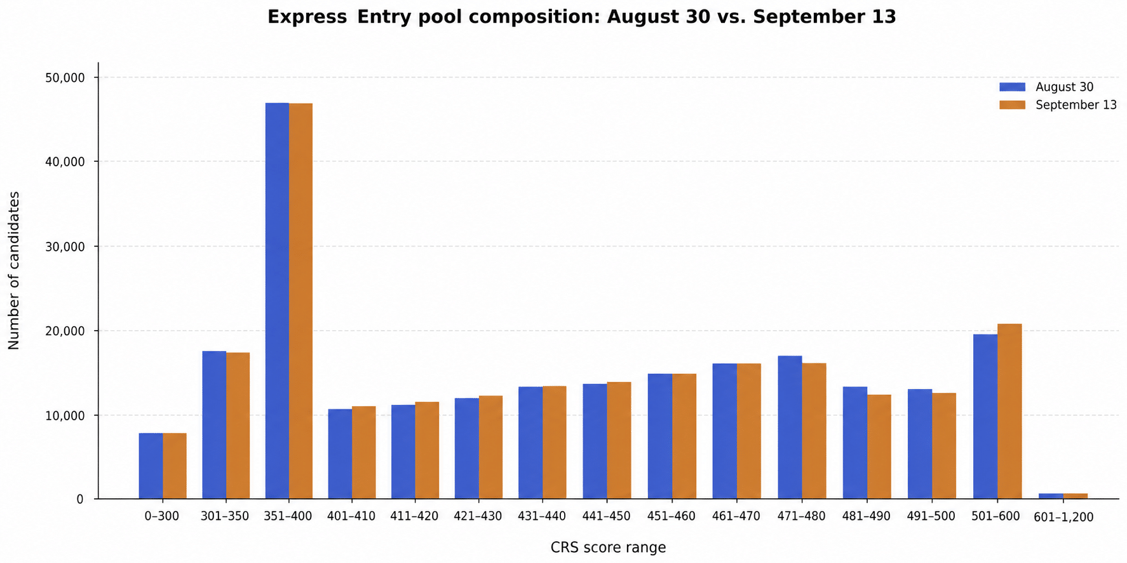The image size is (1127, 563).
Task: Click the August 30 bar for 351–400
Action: click(277, 301)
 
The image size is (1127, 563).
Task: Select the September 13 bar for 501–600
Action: click(1009, 411)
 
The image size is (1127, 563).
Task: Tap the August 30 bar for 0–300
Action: click(151, 466)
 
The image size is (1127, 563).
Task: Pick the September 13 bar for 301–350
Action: click(238, 426)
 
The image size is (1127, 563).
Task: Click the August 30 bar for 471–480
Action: click(790, 427)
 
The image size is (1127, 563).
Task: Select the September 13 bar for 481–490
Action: click(879, 447)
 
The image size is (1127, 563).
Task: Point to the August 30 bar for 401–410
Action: click(340, 454)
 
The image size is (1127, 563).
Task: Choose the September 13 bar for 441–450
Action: click(619, 440)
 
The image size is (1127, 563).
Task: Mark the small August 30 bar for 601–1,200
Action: click(1050, 496)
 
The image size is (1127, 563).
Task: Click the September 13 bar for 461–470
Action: click(749, 431)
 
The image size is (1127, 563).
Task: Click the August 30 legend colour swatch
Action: click(1012, 87)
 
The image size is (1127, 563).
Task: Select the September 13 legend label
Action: click(1076, 105)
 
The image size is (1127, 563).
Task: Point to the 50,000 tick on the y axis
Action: click(98, 77)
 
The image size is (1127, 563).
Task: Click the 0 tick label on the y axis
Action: click(80, 500)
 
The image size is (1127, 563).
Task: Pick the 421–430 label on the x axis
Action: click(478, 516)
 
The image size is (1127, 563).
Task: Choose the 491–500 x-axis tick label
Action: click(931, 516)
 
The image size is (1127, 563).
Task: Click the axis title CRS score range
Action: click(608, 547)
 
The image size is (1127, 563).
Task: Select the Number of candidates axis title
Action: click(14, 270)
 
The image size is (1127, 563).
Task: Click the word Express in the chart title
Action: click(307, 17)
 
